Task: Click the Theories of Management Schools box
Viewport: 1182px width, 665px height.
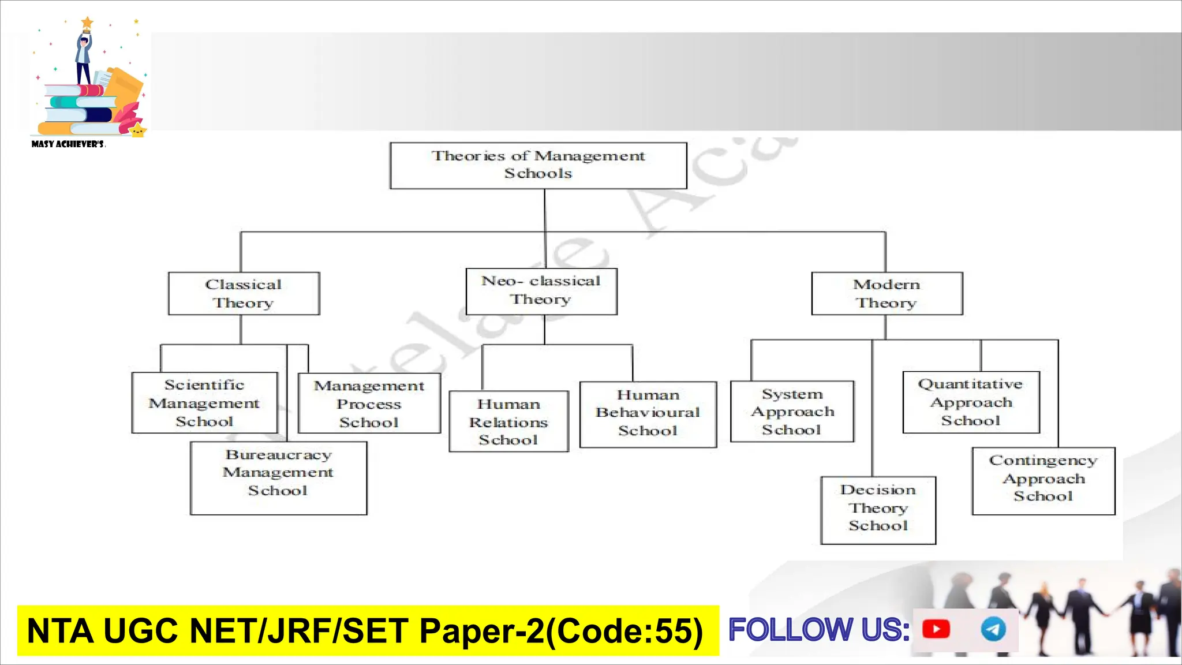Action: [538, 165]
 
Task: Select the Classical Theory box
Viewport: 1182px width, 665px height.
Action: [244, 293]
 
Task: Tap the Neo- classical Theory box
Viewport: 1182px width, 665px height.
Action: [541, 291]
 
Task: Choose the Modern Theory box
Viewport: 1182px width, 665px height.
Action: [886, 293]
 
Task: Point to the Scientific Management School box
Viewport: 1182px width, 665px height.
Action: [204, 403]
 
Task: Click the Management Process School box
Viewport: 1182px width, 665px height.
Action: [369, 404]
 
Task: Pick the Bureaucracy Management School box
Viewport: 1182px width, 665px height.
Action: [278, 478]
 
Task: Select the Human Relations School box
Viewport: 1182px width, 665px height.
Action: [508, 421]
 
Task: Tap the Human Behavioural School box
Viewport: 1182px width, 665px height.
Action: [648, 413]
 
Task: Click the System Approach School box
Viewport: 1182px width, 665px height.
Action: [792, 412]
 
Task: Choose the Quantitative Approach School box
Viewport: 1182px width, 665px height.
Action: [971, 402]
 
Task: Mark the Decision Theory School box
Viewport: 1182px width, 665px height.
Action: [878, 510]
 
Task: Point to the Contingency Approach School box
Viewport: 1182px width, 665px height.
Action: [1043, 480]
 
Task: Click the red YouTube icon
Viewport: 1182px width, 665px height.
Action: [936, 629]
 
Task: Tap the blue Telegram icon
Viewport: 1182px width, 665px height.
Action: [993, 629]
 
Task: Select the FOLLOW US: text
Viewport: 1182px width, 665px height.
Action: [819, 630]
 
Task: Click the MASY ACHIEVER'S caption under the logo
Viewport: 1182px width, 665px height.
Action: [68, 144]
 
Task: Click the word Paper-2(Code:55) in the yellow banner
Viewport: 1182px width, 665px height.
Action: [561, 631]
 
